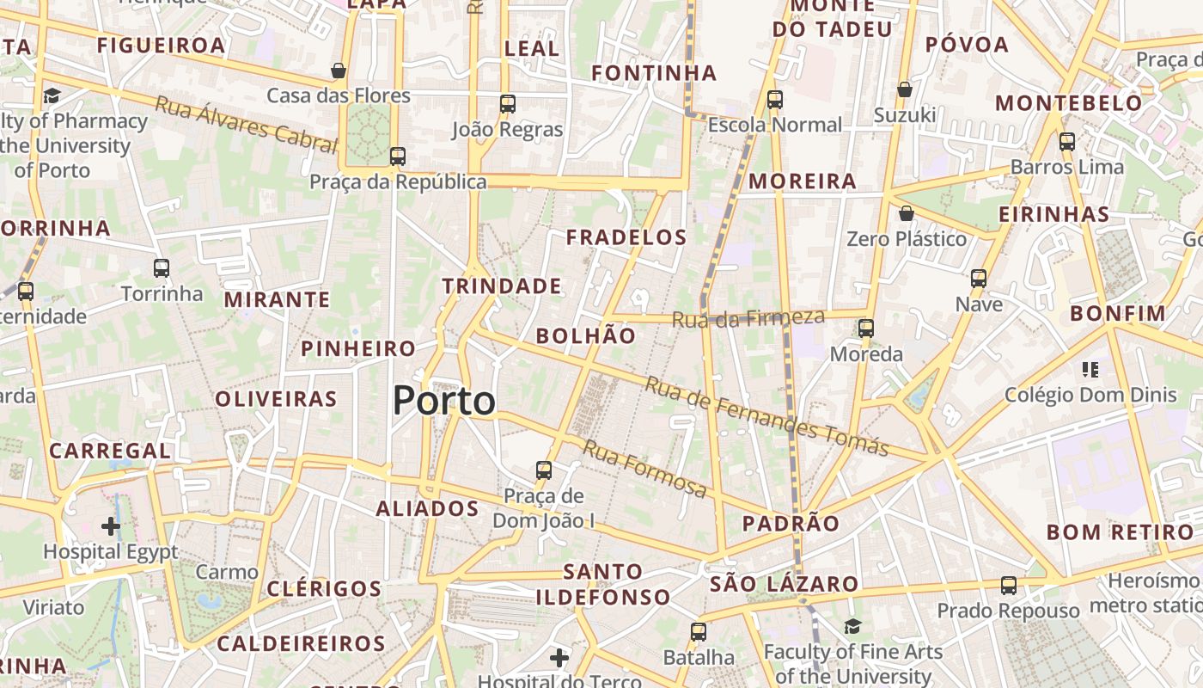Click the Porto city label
click(x=444, y=401)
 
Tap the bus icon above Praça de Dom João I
click(x=544, y=470)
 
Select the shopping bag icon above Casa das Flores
click(x=339, y=71)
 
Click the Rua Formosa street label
click(x=644, y=469)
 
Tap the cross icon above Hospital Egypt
click(x=111, y=525)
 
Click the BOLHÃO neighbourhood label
click(x=586, y=336)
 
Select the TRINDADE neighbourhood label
click(x=502, y=286)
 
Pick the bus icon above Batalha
click(x=699, y=632)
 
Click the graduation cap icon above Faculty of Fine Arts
click(x=852, y=627)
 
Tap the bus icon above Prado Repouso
click(x=1009, y=586)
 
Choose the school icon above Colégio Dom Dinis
click(x=1090, y=370)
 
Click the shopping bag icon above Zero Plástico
click(x=907, y=213)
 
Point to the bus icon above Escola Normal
click(x=775, y=100)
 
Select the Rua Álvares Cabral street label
click(x=246, y=125)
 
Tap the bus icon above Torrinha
click(x=162, y=268)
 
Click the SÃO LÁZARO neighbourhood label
click(x=784, y=585)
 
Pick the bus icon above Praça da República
click(x=397, y=157)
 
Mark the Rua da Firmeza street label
click(x=748, y=318)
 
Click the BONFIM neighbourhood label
click(x=1118, y=314)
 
